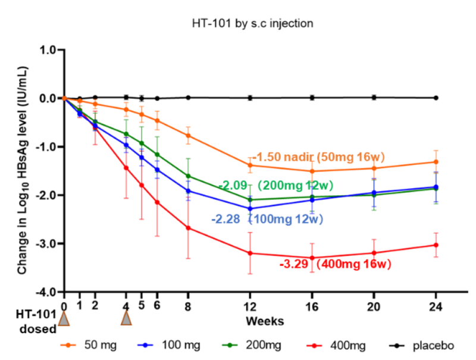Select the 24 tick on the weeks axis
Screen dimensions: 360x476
[436, 305]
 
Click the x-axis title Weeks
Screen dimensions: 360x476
[264, 321]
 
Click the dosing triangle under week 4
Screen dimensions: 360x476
[126, 318]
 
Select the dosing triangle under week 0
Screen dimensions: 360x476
[64, 318]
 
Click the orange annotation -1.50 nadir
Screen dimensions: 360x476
[318, 158]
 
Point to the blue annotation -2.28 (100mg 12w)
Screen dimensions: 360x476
[267, 219]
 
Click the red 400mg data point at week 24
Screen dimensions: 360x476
[436, 245]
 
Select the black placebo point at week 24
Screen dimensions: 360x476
[436, 98]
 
